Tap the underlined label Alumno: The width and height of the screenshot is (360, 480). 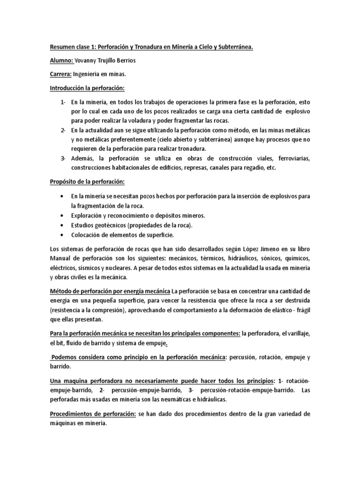click(x=61, y=61)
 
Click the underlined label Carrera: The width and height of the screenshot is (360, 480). click(x=60, y=75)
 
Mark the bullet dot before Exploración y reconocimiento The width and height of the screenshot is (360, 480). click(x=62, y=215)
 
